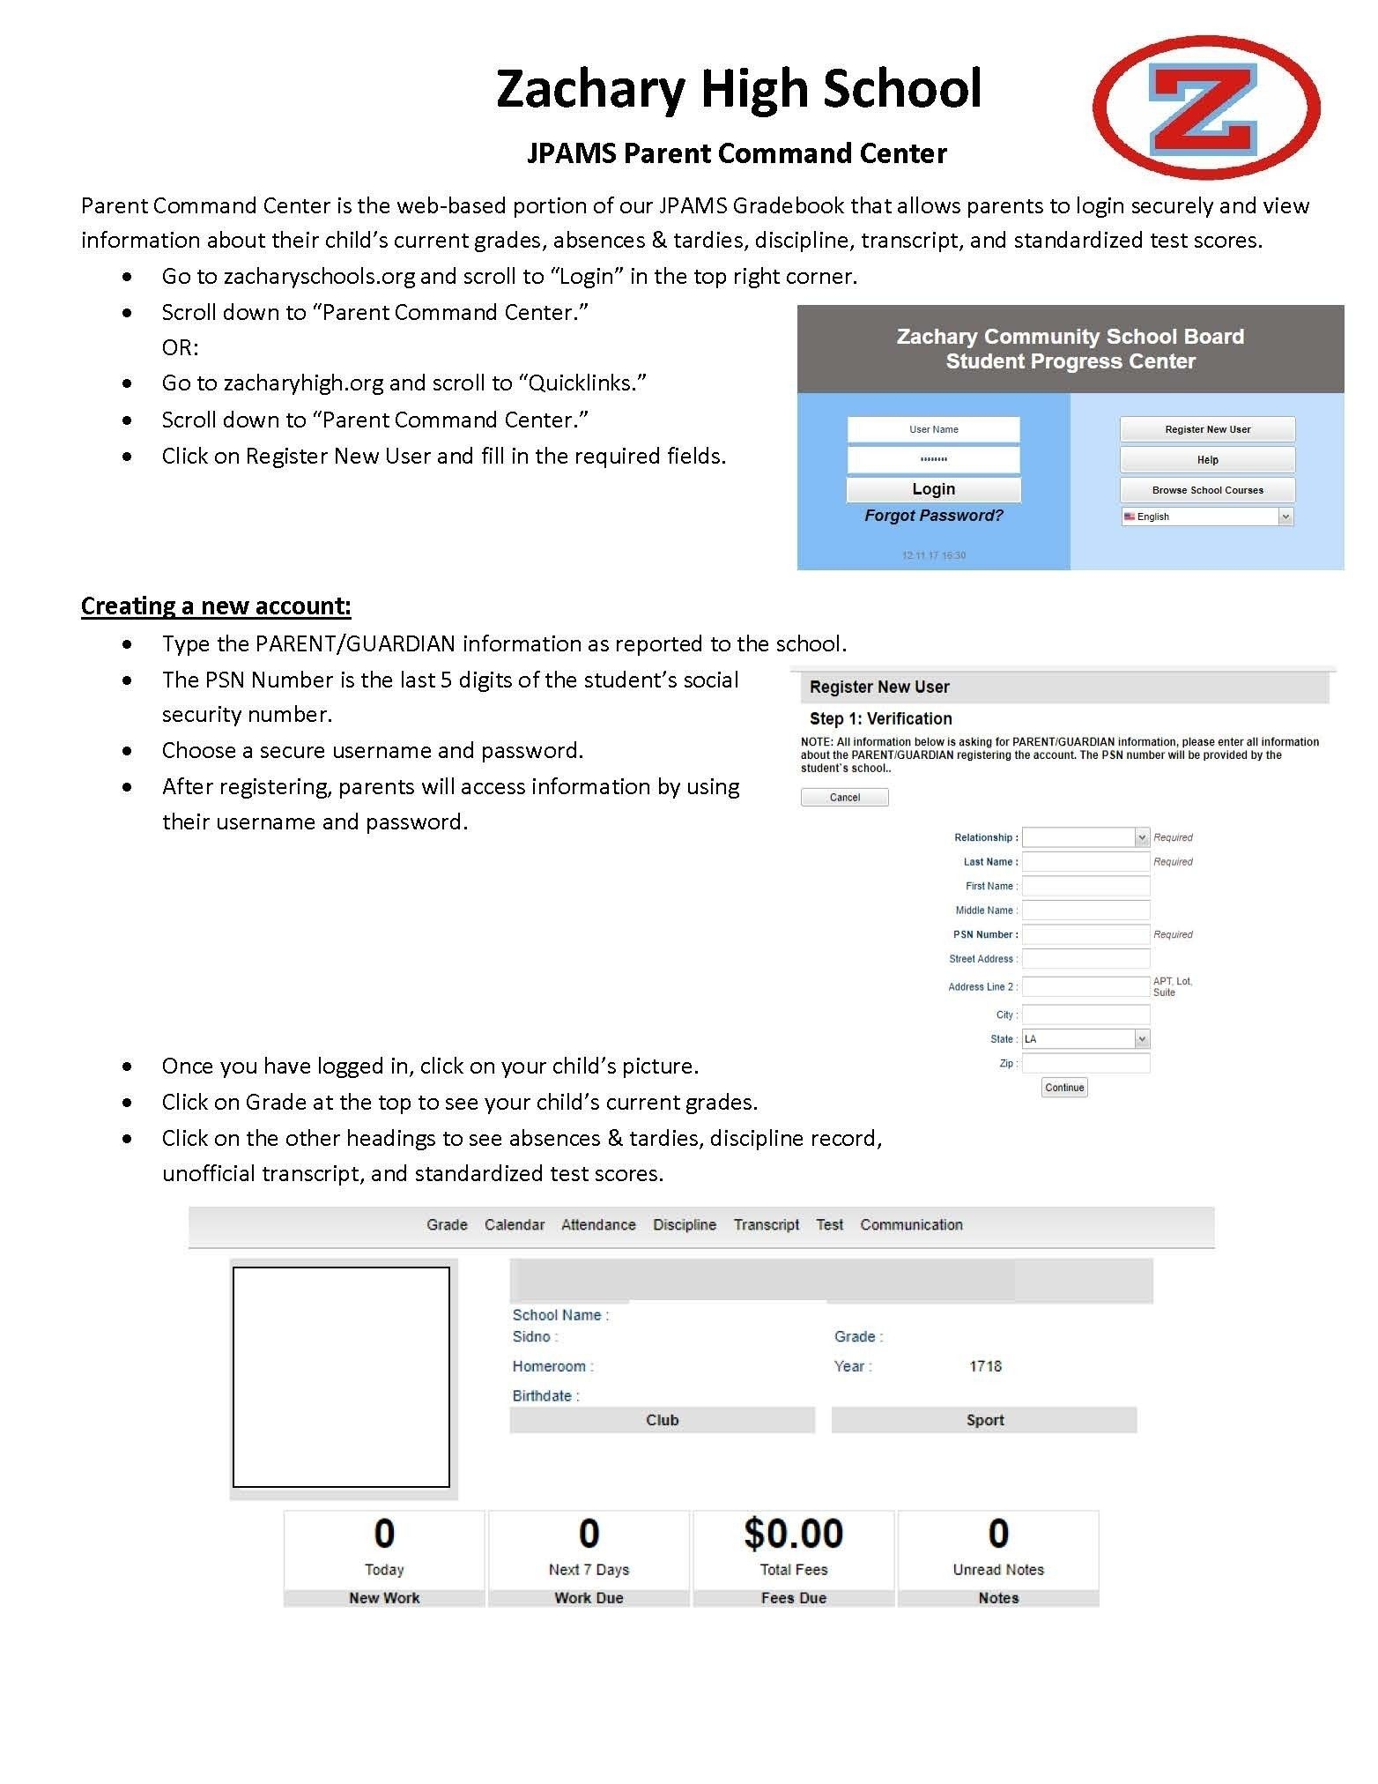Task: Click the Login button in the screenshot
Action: coord(933,489)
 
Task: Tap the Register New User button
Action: coord(1207,429)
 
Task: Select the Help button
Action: coord(1207,459)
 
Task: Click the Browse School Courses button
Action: coord(1207,489)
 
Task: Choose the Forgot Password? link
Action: coord(933,516)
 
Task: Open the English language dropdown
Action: coord(1207,517)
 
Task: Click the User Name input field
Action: coord(933,429)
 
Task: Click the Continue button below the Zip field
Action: coord(1063,1087)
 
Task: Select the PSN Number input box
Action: coord(1085,934)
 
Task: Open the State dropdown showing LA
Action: coord(1085,1038)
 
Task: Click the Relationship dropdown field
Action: coord(1085,837)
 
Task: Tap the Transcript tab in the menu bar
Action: coord(766,1224)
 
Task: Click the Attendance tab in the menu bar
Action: coord(598,1224)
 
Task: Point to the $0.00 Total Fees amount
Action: coord(793,1534)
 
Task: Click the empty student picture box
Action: coord(341,1377)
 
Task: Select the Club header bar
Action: coord(662,1420)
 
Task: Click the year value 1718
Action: coord(985,1366)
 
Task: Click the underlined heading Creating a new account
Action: coord(216,606)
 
